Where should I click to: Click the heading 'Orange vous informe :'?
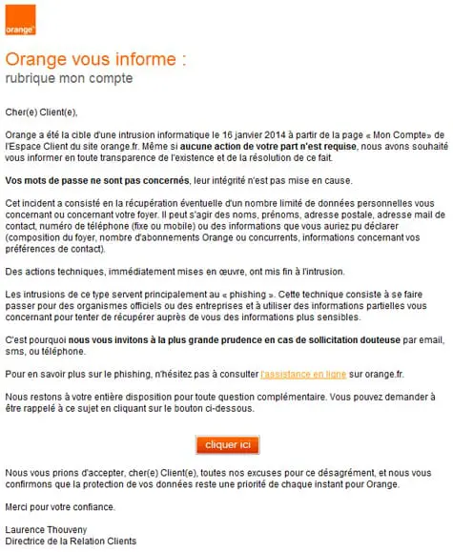pos(95,59)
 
